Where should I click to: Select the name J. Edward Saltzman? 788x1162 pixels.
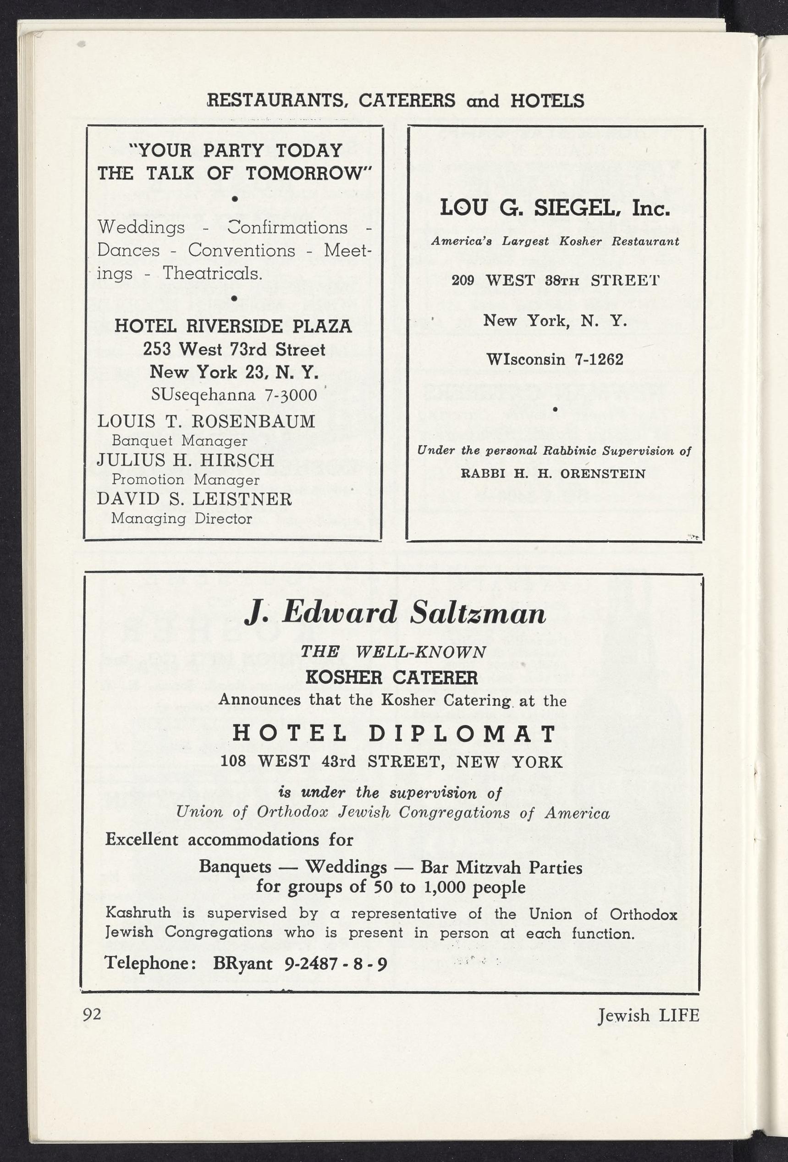[395, 614]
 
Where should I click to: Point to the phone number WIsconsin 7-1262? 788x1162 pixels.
[555, 360]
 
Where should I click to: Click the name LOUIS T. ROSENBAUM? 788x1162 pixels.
[206, 421]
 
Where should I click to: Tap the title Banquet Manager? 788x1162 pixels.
[179, 441]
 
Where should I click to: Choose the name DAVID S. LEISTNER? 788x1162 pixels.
[194, 499]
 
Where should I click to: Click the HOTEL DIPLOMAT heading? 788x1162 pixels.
[394, 734]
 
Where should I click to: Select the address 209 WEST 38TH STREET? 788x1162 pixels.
[555, 280]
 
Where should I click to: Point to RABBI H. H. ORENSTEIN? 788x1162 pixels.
[553, 474]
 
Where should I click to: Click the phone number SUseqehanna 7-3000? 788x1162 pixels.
[234, 395]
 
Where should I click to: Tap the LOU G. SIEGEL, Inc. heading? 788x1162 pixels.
[555, 208]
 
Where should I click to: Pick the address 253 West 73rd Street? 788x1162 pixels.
[234, 349]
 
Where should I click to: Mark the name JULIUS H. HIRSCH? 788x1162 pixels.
[185, 460]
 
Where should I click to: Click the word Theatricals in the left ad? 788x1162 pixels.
[212, 273]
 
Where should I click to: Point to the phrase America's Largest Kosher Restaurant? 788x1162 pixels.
[555, 242]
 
